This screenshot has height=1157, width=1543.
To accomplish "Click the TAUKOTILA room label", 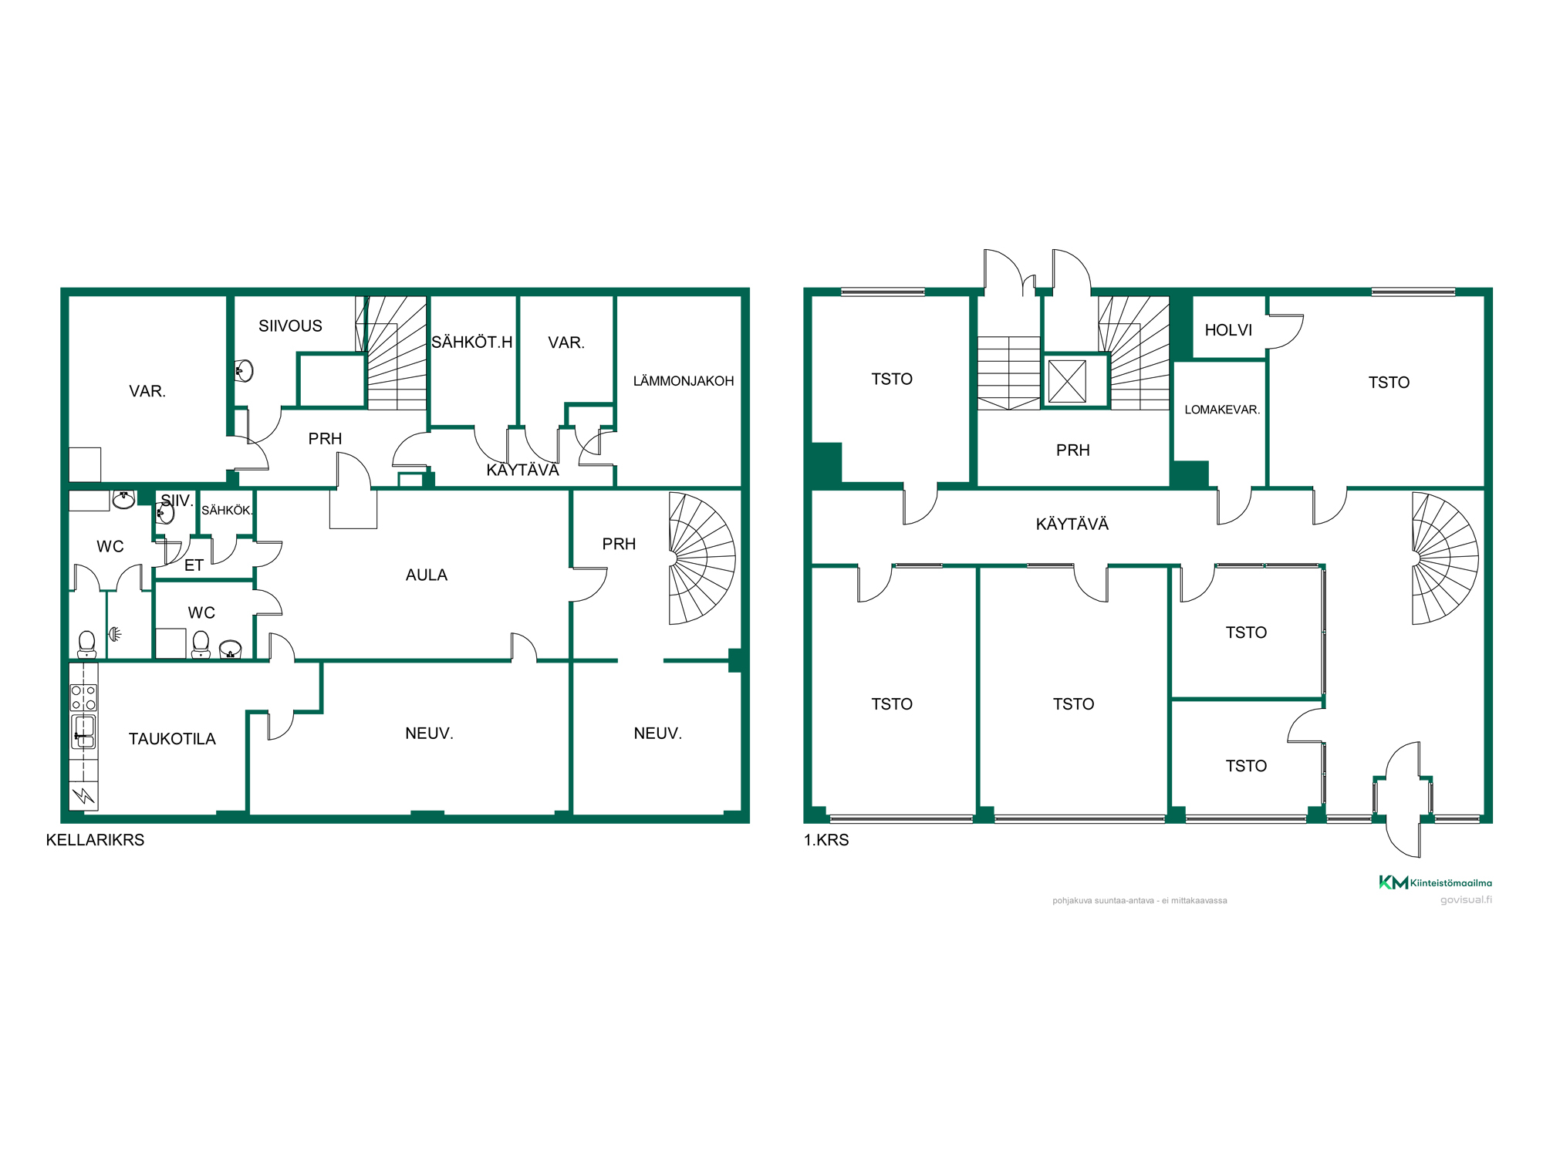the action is [172, 739].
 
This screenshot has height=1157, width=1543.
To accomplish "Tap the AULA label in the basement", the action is [427, 575].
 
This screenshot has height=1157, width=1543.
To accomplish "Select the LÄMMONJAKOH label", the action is [684, 381].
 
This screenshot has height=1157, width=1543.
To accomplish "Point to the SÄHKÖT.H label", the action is [471, 342].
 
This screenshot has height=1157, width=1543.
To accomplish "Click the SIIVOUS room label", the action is [290, 326].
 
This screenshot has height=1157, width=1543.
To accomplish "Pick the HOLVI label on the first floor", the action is [1228, 330].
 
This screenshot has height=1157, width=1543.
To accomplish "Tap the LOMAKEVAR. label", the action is [1222, 410].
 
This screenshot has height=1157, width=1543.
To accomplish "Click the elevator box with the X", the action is [1068, 381].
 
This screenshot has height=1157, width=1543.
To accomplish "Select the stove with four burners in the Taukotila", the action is [83, 697].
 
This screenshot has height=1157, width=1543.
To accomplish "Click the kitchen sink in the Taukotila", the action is [83, 732].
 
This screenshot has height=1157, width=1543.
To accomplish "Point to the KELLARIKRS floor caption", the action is [95, 840].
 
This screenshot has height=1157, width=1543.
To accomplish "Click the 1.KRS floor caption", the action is [826, 840].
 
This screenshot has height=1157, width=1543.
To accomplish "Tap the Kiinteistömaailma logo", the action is [1435, 882].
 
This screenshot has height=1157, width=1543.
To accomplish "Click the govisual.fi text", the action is [1466, 900].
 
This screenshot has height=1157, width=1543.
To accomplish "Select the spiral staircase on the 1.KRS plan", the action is [1444, 558].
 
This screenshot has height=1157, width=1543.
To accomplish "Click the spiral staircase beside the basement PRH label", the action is [701, 558].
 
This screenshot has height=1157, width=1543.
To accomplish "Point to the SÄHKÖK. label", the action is [227, 511].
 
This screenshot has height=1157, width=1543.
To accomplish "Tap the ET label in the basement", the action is [194, 565].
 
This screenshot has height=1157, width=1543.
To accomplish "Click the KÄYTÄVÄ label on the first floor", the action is [1072, 524].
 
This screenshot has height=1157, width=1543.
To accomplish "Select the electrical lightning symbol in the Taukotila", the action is [83, 795].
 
